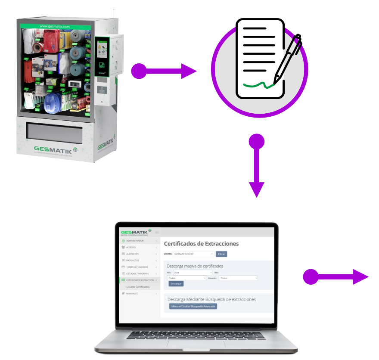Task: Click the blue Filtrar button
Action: click(221, 254)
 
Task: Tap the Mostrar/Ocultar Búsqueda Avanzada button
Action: click(193, 306)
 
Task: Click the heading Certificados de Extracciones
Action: click(201, 244)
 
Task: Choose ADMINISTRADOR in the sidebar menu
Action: click(138, 241)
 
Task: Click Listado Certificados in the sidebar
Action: click(138, 286)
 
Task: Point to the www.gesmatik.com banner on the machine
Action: click(54, 26)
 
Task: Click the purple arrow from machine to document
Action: click(164, 71)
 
